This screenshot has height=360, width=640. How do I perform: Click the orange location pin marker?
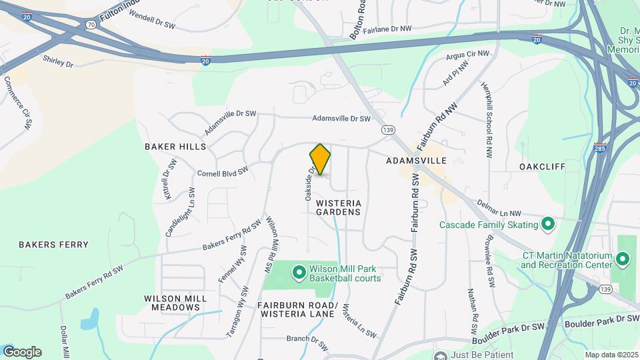(x=320, y=159)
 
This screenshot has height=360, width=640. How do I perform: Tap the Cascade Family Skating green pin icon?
(x=548, y=224)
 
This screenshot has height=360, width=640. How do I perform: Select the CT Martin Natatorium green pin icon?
(x=623, y=258)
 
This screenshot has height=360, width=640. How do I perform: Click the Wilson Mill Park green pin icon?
(x=299, y=271)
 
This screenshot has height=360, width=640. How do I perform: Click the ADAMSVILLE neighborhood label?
(x=416, y=161)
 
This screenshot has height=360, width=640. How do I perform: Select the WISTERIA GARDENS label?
(x=338, y=207)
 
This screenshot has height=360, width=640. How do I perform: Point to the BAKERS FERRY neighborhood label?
(x=53, y=245)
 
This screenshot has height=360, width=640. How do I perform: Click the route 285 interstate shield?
(x=599, y=147)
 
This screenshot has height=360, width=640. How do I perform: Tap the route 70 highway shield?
(x=90, y=23)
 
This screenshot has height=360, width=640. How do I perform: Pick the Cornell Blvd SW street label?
(x=223, y=173)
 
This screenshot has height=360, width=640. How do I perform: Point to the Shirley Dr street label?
(x=57, y=62)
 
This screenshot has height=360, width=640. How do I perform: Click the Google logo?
(x=22, y=352)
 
